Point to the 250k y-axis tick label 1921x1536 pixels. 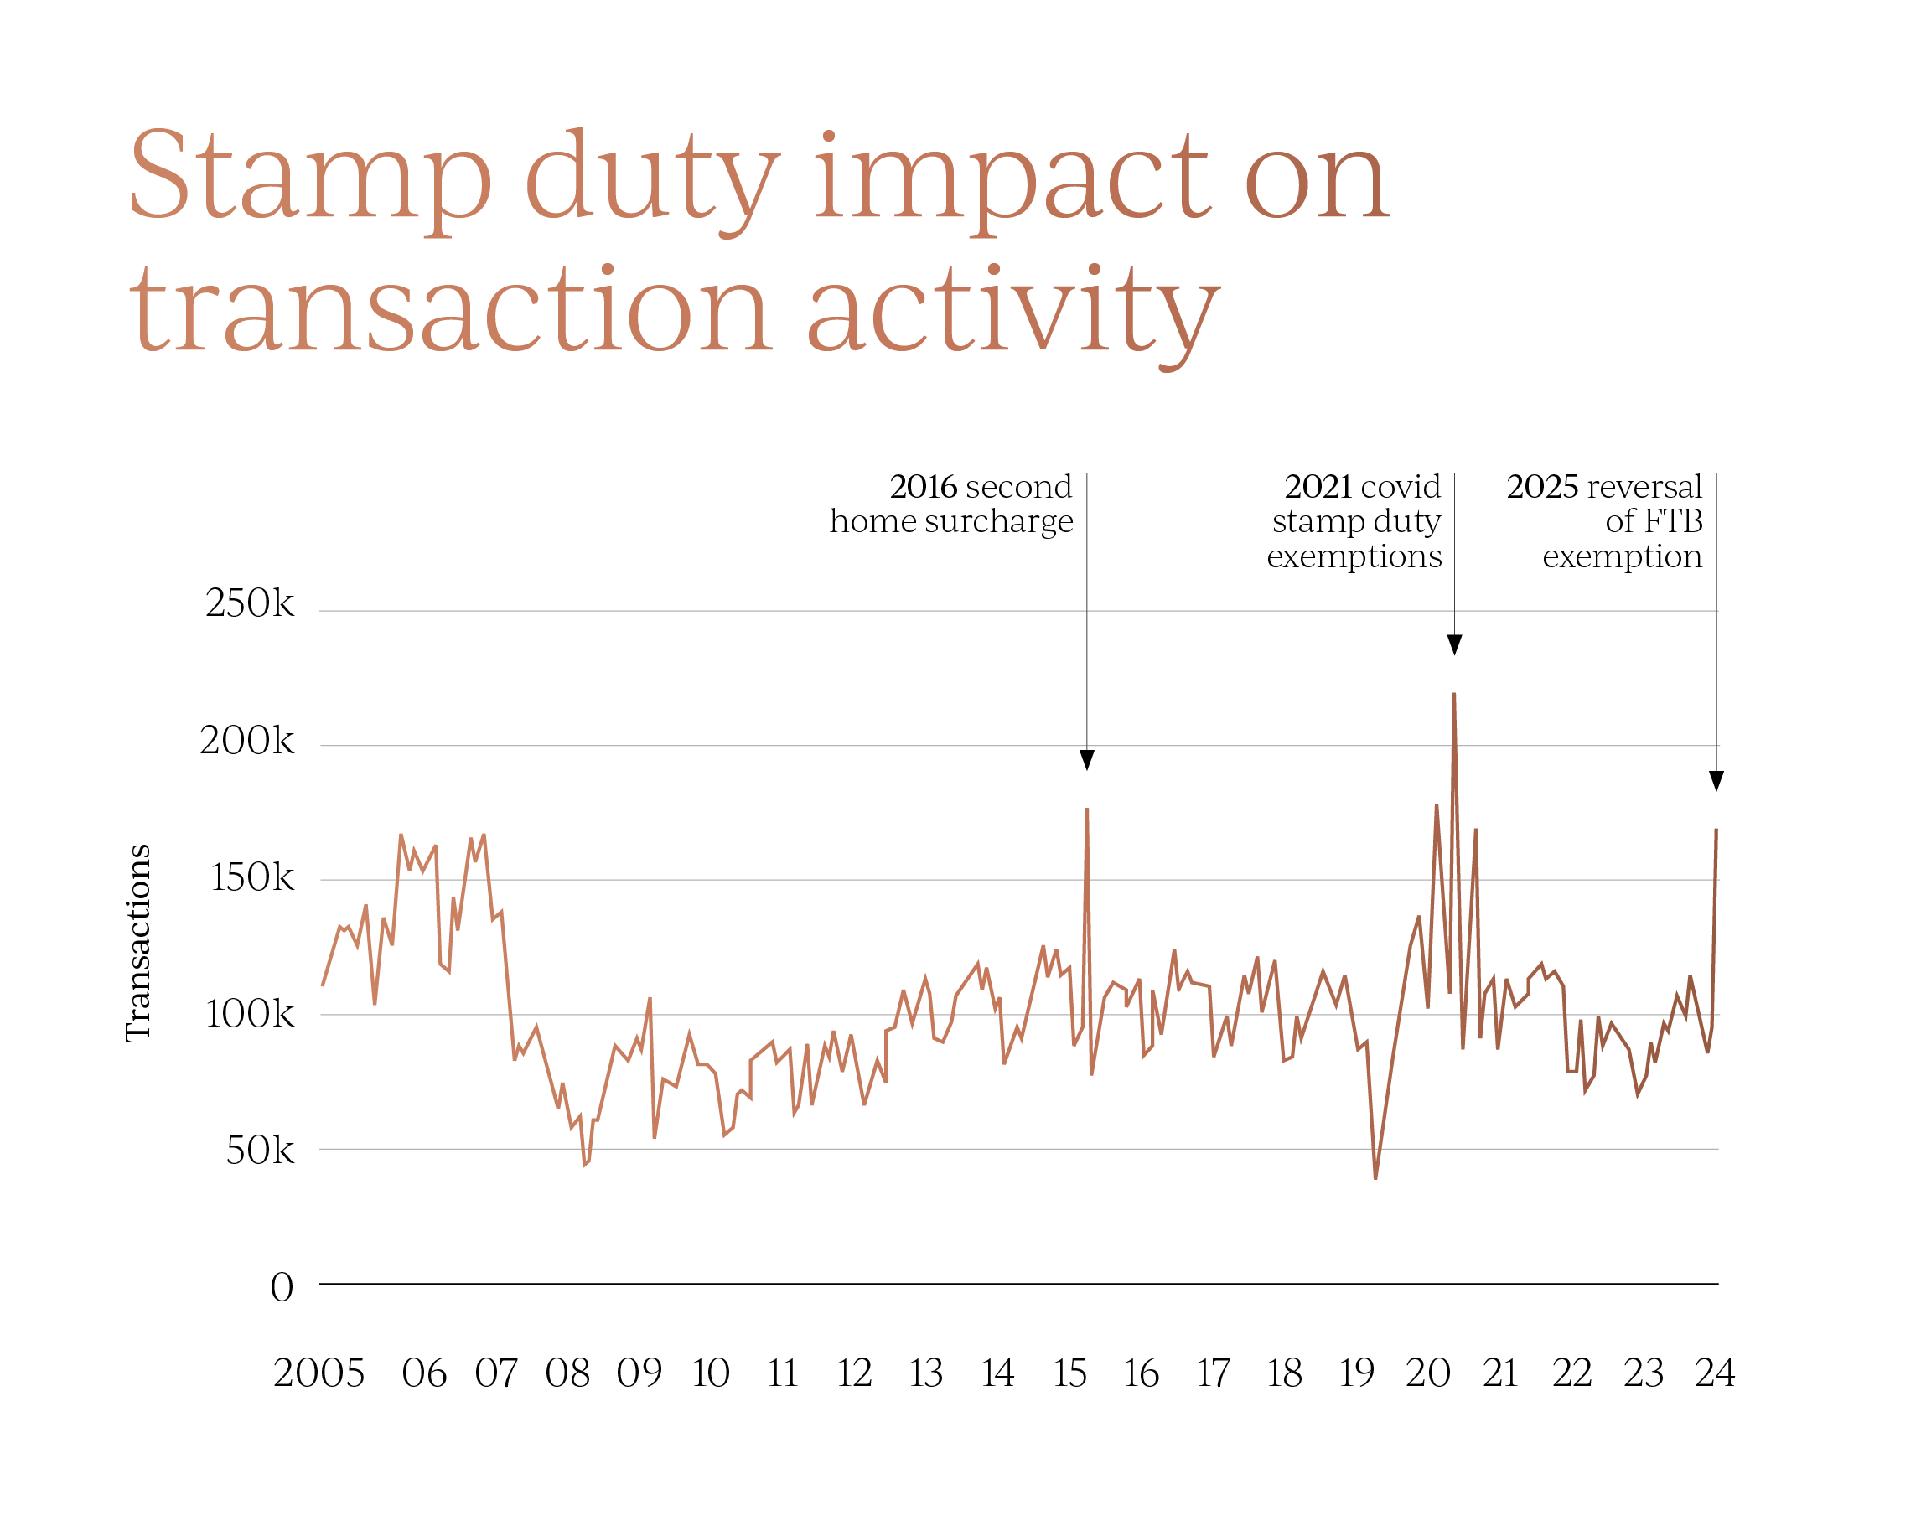(250, 603)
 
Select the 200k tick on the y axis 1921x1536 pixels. (246, 741)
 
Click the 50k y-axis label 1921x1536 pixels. (259, 1151)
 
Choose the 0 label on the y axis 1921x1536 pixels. (282, 1287)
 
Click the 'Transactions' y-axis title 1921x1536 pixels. (138, 943)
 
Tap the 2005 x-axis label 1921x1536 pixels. (319, 1373)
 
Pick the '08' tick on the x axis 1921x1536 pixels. (567, 1373)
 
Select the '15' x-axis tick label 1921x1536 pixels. (1069, 1373)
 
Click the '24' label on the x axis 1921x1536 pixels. (1714, 1373)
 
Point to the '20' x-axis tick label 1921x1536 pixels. (1428, 1373)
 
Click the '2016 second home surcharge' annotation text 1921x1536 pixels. (951, 504)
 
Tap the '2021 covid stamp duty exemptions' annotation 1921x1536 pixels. (1354, 521)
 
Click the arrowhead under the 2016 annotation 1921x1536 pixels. (1087, 759)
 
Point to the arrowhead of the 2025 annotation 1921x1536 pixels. (1716, 780)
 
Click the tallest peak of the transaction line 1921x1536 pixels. (1454, 694)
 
